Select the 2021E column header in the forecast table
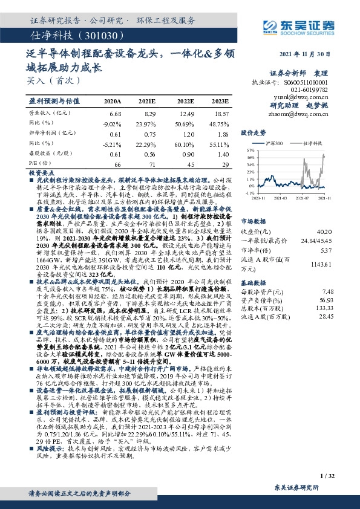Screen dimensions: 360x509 tap(146, 100)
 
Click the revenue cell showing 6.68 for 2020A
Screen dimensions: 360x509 tap(115, 113)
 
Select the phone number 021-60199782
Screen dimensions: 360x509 tap(313, 89)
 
